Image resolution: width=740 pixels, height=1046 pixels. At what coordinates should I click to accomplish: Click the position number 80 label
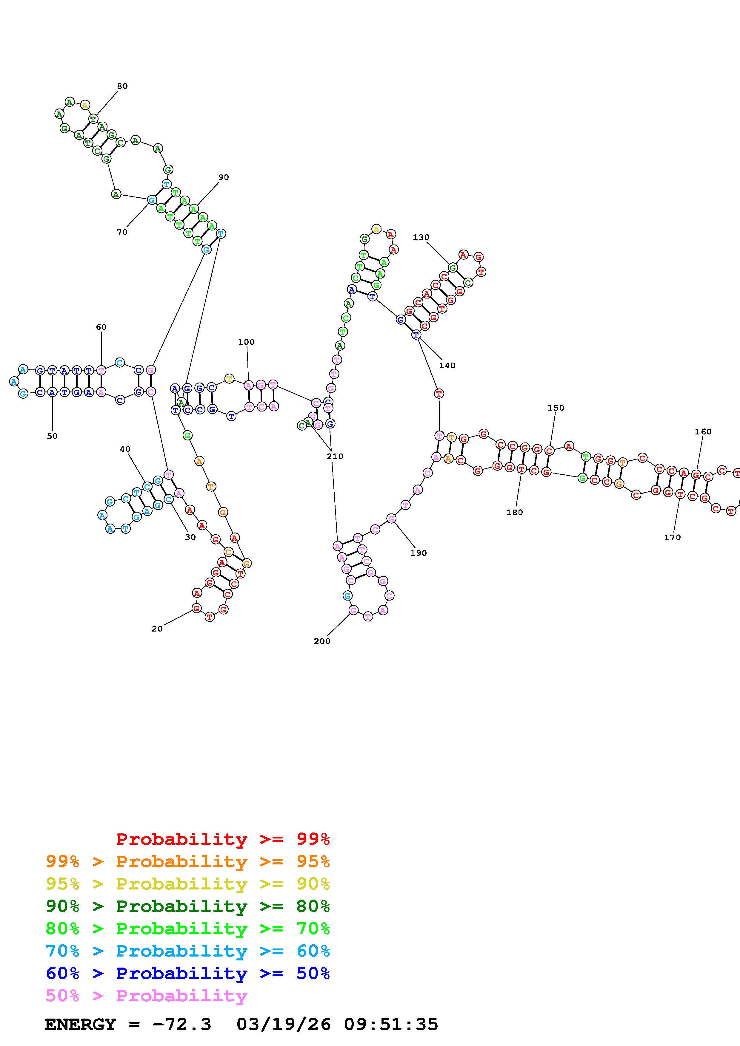(122, 86)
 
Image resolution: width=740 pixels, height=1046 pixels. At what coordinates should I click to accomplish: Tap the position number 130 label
(421, 237)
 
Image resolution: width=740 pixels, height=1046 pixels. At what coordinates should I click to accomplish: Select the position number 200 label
(322, 641)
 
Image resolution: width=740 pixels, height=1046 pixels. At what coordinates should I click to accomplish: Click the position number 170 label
(672, 538)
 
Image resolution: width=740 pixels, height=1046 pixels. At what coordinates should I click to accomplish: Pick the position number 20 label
(157, 629)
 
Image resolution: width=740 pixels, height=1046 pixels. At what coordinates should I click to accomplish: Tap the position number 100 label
(246, 342)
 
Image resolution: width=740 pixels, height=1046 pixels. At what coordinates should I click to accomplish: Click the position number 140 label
(447, 365)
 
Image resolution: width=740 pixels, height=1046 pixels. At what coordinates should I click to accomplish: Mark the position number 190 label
(418, 553)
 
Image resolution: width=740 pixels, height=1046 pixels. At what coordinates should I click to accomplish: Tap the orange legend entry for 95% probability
(188, 861)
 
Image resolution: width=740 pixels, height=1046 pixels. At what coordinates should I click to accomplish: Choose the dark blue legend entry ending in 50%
(188, 974)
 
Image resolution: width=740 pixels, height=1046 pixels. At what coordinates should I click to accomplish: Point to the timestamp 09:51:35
(391, 1025)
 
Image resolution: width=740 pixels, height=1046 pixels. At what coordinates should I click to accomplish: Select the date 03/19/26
(284, 1025)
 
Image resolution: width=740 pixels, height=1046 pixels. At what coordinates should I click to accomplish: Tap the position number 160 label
(703, 431)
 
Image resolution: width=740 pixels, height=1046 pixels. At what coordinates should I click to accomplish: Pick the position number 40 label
(125, 449)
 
